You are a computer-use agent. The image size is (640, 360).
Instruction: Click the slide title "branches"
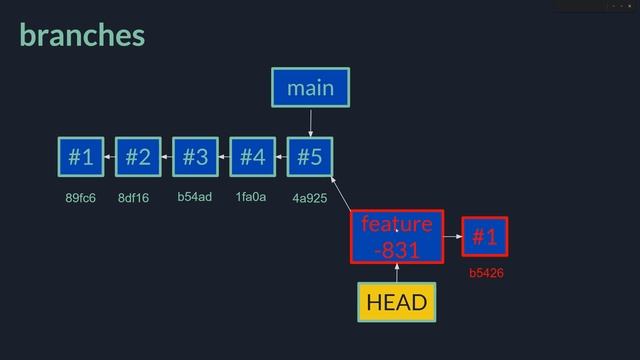click(x=82, y=36)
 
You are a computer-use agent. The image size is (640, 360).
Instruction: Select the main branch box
click(x=310, y=88)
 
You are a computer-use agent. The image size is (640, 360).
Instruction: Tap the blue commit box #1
click(x=81, y=157)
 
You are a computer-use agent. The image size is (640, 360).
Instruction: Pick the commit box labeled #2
click(x=138, y=157)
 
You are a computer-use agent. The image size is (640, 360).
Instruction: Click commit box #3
click(x=195, y=157)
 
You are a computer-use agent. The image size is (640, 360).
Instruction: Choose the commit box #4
click(x=252, y=157)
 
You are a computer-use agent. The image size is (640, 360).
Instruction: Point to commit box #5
click(x=310, y=157)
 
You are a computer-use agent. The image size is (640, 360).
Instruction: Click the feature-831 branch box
click(x=396, y=236)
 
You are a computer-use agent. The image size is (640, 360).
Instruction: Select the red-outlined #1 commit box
click(x=485, y=237)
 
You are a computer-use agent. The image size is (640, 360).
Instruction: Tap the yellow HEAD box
click(x=396, y=302)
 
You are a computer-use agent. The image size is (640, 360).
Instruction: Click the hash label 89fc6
click(x=80, y=198)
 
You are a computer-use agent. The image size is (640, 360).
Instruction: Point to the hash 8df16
click(x=133, y=198)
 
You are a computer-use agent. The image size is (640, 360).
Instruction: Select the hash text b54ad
click(x=195, y=197)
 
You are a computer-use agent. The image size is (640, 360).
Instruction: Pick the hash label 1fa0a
click(x=251, y=197)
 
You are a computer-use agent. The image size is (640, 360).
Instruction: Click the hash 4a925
click(x=310, y=199)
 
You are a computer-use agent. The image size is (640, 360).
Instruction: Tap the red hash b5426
click(x=485, y=272)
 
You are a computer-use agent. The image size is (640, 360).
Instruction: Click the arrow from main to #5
click(x=310, y=122)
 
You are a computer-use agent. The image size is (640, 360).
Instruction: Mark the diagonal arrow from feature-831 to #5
click(x=341, y=194)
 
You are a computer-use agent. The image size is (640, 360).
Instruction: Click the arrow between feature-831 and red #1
click(x=450, y=237)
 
